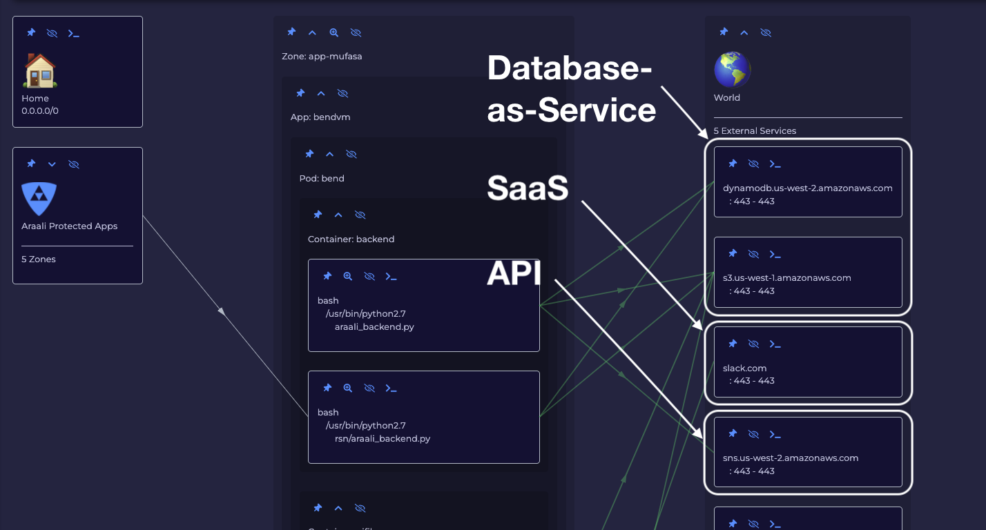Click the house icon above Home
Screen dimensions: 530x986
coord(40,70)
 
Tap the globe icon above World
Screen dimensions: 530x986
coord(732,69)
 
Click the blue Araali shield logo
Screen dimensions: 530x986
coord(39,199)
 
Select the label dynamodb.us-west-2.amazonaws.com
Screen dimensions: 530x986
coord(807,188)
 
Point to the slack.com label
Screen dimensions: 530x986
coord(744,368)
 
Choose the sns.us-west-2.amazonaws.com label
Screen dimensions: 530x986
coord(790,458)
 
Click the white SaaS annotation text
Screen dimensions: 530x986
coord(528,188)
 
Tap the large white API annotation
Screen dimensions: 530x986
coord(514,274)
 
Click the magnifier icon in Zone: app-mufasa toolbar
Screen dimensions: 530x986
coord(334,32)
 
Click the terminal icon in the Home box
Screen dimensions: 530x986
coord(73,33)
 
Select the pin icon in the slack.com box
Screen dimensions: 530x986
coord(733,344)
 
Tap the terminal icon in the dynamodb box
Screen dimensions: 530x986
coord(775,164)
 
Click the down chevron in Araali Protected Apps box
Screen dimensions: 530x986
coord(52,164)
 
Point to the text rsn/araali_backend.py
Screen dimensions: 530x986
coord(382,438)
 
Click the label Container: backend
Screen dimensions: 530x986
coord(351,239)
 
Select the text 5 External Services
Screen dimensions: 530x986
coord(755,131)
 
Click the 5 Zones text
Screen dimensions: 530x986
coord(39,259)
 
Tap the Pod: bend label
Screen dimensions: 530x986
coord(322,179)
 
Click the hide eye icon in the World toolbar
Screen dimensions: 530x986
coord(766,32)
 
